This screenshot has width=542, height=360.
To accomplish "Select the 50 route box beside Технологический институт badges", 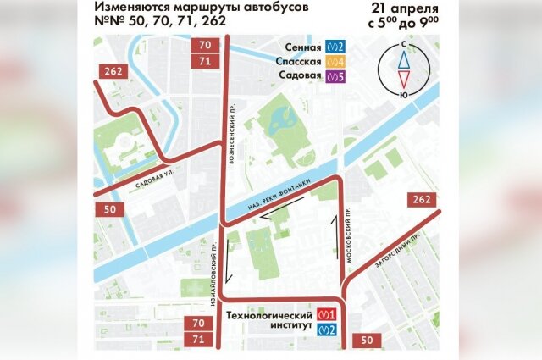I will [366, 341].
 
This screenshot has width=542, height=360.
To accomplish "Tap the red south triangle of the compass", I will [405, 81].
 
